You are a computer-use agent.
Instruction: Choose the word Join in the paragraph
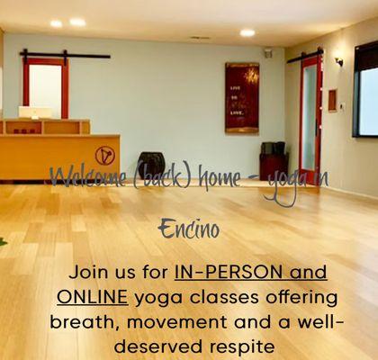[90, 272]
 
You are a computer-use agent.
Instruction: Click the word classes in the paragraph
[236, 296]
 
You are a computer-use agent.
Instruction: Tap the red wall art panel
[242, 97]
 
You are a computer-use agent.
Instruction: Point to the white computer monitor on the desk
[34, 113]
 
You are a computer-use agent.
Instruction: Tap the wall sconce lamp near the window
[338, 61]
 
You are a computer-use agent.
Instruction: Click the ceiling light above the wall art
[247, 32]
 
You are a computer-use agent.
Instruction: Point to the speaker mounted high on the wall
[268, 53]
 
